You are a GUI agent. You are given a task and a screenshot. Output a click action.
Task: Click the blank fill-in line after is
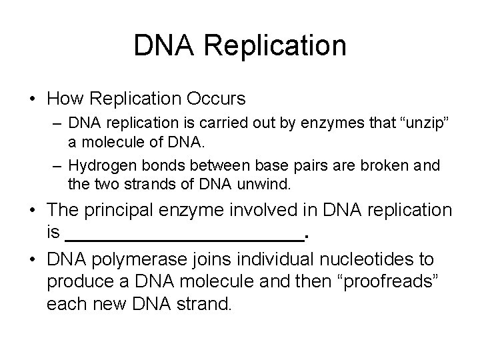coord(185,234)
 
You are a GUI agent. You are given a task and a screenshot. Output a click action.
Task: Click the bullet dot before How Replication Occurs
coord(31,100)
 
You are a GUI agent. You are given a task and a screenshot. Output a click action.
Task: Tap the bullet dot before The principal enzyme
coord(31,210)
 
